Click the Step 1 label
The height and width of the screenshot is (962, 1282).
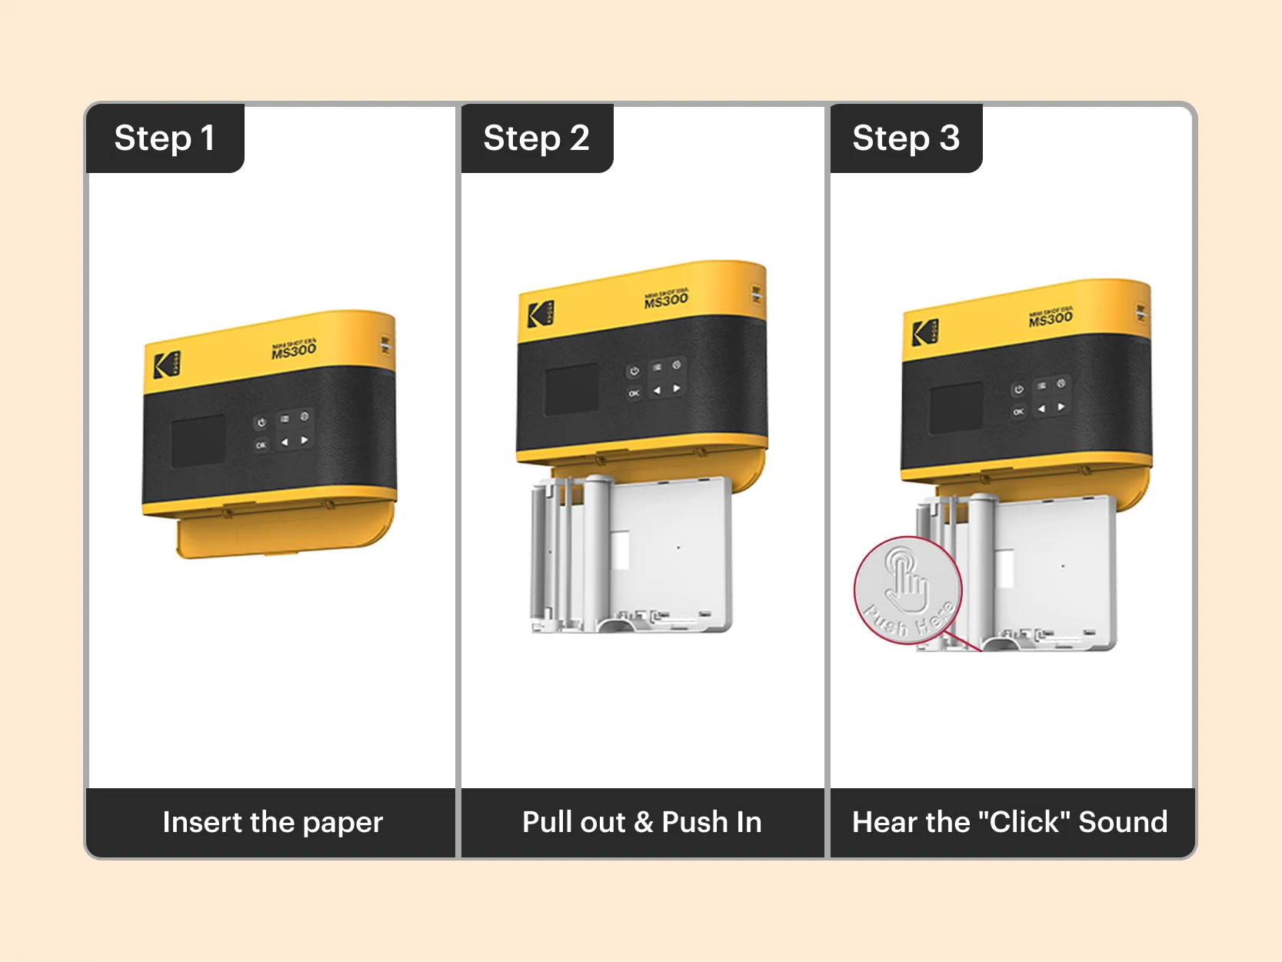164,138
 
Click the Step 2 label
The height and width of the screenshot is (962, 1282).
536,138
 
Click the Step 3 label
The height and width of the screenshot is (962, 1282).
905,138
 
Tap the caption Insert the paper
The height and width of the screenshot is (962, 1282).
272,822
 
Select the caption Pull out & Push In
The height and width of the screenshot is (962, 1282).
641,822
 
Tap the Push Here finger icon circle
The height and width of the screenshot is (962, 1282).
907,591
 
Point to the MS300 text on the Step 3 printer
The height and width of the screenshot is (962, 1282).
1051,318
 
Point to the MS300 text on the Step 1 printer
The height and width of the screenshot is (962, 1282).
294,350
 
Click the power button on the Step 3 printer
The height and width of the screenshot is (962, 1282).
1018,390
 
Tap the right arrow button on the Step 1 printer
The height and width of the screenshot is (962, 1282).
305,441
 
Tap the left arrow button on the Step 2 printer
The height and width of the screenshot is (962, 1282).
656,391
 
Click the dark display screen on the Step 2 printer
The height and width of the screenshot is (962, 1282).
571,389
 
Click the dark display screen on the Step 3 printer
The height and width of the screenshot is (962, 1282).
956,408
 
